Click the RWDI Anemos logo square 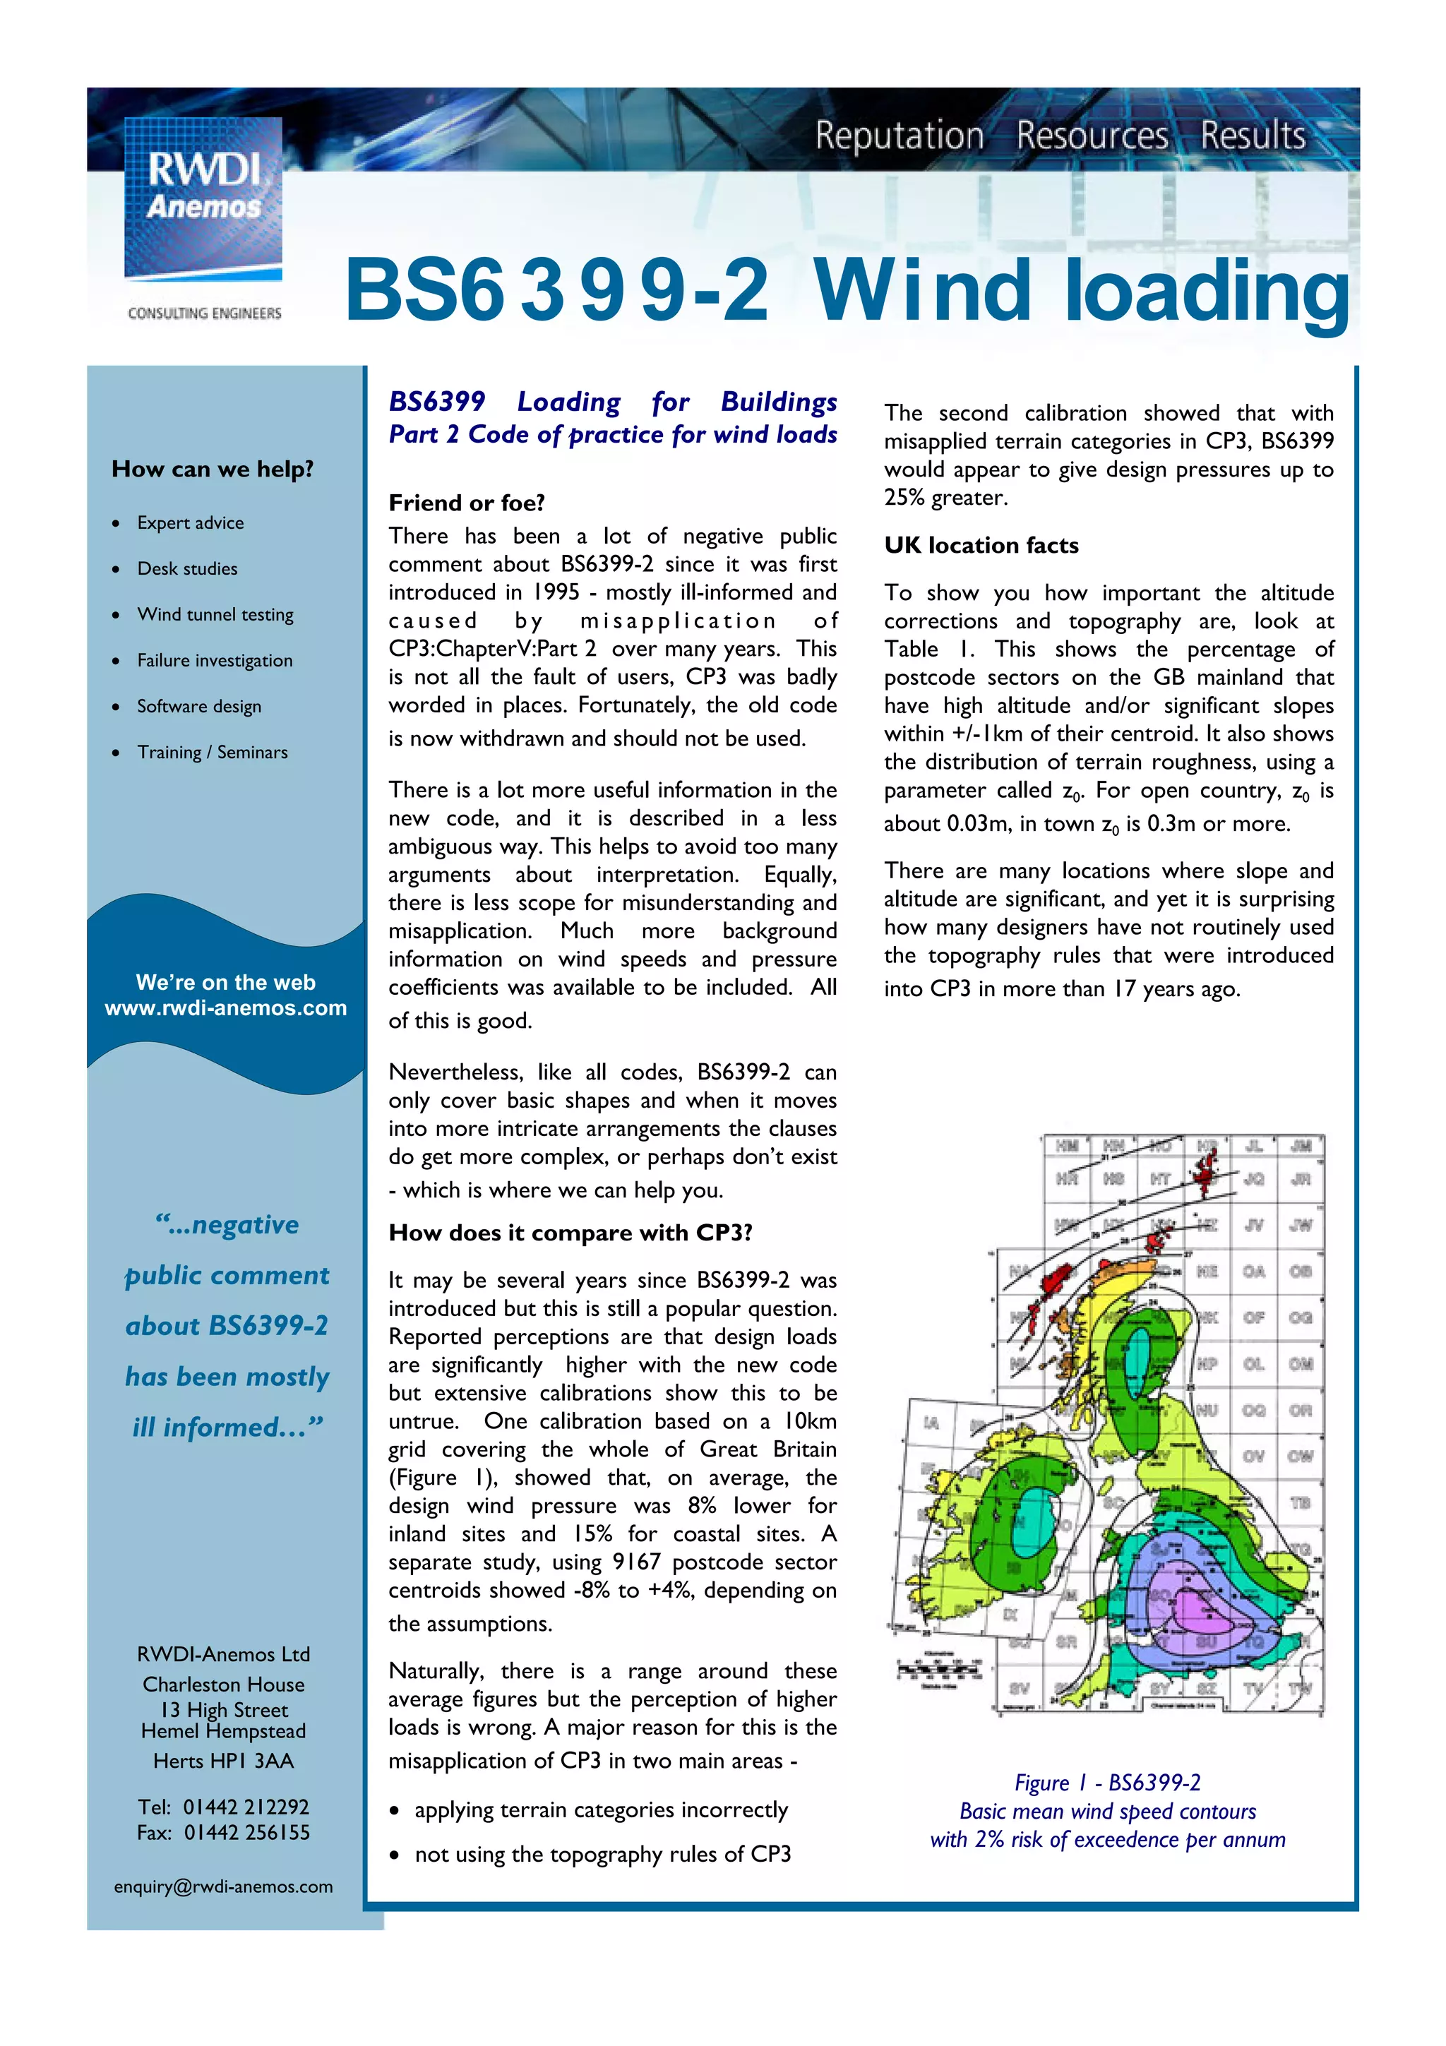tap(203, 198)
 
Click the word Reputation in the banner tap(899, 136)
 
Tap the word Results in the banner tap(1253, 136)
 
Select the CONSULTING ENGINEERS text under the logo tap(204, 313)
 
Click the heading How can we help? tap(212, 469)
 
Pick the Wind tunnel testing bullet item tap(215, 614)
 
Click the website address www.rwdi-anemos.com tap(225, 1008)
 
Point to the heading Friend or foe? tap(466, 503)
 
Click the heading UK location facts tap(981, 545)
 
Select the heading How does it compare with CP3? tap(570, 1233)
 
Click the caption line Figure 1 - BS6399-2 tap(1107, 1782)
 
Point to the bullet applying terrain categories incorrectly tap(600, 1810)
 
